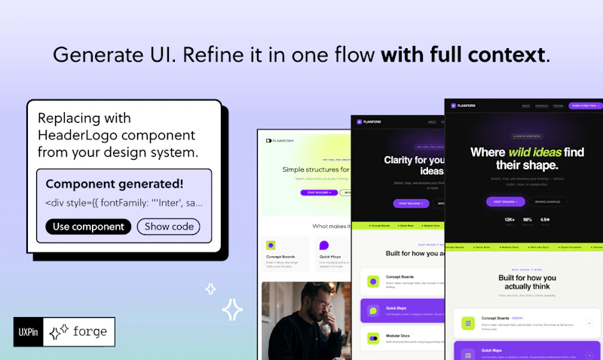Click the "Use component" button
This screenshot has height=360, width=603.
(x=88, y=227)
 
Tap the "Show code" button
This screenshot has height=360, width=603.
(x=169, y=227)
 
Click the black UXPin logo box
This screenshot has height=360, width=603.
(x=27, y=331)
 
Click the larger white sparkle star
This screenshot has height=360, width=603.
(x=232, y=310)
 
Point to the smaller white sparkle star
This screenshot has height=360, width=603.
(x=211, y=288)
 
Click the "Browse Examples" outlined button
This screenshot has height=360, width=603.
(x=547, y=202)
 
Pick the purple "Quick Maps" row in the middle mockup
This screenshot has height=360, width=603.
(x=399, y=310)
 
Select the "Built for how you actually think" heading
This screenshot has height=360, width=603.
(x=527, y=282)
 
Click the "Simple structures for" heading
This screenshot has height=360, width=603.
(x=307, y=170)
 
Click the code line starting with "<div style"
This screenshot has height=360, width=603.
(x=124, y=203)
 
